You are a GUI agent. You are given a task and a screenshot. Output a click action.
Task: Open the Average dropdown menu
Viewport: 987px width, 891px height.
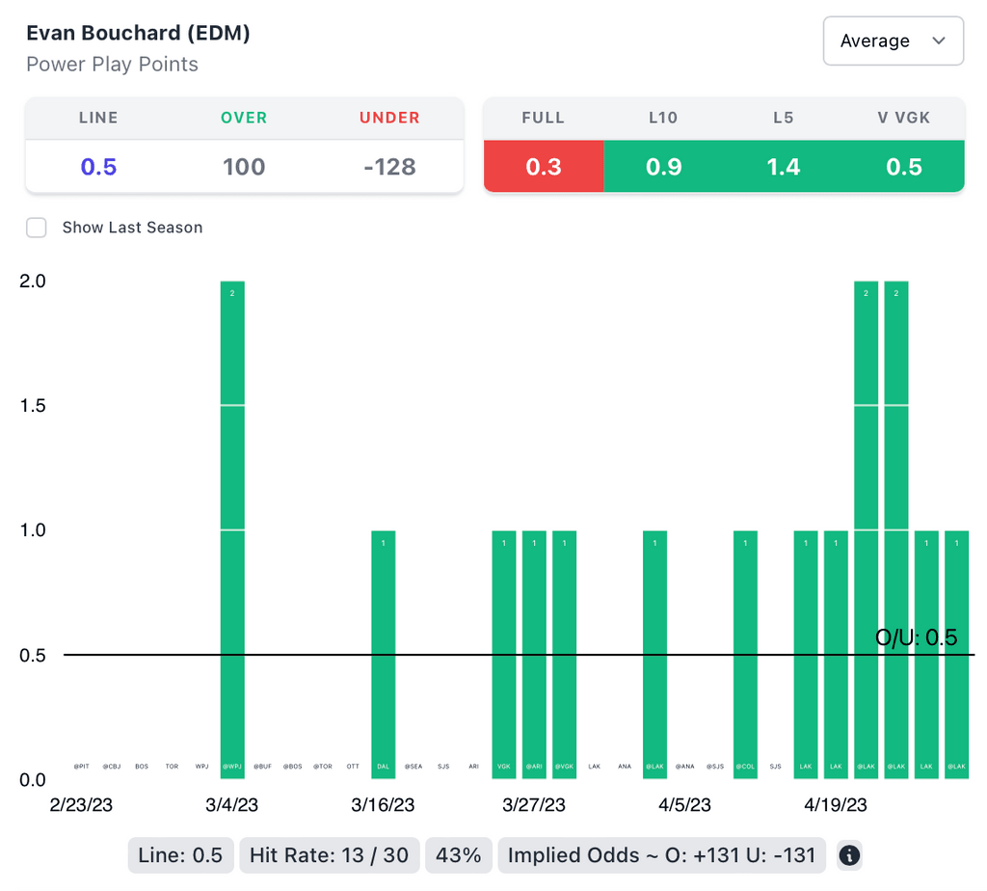(x=893, y=40)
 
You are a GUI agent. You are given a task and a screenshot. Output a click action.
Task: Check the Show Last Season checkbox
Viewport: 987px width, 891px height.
(x=37, y=228)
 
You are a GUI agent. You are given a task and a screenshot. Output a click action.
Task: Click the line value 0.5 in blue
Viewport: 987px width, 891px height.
(x=98, y=167)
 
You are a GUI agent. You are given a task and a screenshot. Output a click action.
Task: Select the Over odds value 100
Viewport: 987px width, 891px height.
(x=244, y=167)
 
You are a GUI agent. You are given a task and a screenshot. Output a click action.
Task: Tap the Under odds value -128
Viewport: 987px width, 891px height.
(x=389, y=167)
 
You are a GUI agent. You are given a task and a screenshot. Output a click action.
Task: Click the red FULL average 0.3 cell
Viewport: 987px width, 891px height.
(x=544, y=167)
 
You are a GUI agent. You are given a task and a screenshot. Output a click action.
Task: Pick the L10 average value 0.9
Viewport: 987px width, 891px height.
(x=664, y=167)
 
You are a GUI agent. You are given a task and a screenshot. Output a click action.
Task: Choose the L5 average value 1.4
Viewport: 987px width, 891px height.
(x=784, y=167)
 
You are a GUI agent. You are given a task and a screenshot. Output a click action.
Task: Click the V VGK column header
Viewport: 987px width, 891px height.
(x=904, y=118)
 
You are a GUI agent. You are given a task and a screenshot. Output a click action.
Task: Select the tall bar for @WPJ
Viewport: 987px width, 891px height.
(x=232, y=530)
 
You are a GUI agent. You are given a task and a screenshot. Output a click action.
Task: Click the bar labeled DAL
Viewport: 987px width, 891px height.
(x=383, y=656)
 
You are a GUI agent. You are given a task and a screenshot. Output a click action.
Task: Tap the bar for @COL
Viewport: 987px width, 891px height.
(x=745, y=656)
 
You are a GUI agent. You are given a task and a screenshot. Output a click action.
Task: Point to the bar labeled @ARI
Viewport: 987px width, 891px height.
(x=534, y=656)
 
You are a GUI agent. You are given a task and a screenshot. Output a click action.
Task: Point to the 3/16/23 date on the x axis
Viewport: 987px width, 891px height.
(x=383, y=805)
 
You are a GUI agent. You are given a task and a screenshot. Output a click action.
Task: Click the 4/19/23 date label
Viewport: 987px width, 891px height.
(x=835, y=805)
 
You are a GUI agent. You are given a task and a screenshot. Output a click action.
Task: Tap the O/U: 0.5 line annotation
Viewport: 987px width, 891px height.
(x=916, y=637)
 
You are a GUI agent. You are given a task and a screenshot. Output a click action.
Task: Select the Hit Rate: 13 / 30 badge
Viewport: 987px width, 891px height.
(x=329, y=855)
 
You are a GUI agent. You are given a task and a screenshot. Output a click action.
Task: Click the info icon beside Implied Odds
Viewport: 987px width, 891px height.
(x=849, y=855)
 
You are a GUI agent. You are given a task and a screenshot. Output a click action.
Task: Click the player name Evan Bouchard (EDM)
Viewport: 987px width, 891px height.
(x=138, y=33)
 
